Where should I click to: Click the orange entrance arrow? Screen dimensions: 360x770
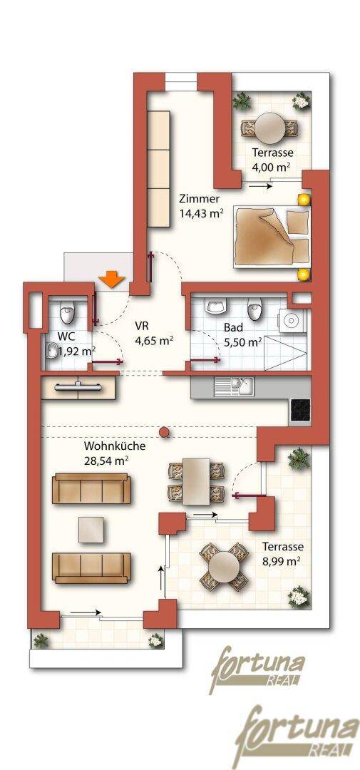pyautogui.click(x=112, y=279)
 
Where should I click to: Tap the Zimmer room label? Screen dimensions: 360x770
pyautogui.click(x=199, y=199)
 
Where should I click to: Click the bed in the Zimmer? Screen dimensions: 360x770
pyautogui.click(x=272, y=236)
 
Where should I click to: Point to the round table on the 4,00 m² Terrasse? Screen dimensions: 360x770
pyautogui.click(x=269, y=127)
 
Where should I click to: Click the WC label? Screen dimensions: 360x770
pyautogui.click(x=66, y=337)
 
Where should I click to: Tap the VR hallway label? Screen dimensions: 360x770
pyautogui.click(x=143, y=324)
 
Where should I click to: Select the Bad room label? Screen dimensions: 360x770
pyautogui.click(x=232, y=327)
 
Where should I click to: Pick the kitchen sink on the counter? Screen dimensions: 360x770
pyautogui.click(x=233, y=386)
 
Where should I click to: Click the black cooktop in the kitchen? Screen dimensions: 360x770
pyautogui.click(x=300, y=409)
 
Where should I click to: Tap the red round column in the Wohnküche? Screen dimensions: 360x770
pyautogui.click(x=165, y=431)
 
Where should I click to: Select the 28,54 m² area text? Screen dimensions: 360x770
pyautogui.click(x=107, y=461)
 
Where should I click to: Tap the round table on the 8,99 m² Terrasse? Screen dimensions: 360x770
pyautogui.click(x=223, y=566)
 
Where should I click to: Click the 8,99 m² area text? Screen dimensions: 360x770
pyautogui.click(x=282, y=560)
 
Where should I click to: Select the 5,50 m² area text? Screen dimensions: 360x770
pyautogui.click(x=242, y=342)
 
